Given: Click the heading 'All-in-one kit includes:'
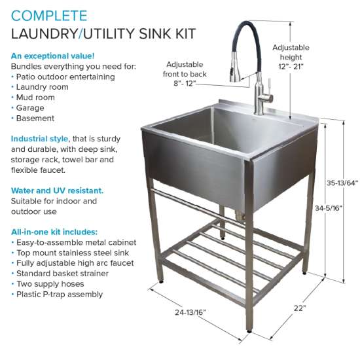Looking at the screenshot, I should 54,232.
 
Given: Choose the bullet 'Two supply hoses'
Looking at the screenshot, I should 50,284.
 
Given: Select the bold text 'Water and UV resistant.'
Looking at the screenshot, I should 57,190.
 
